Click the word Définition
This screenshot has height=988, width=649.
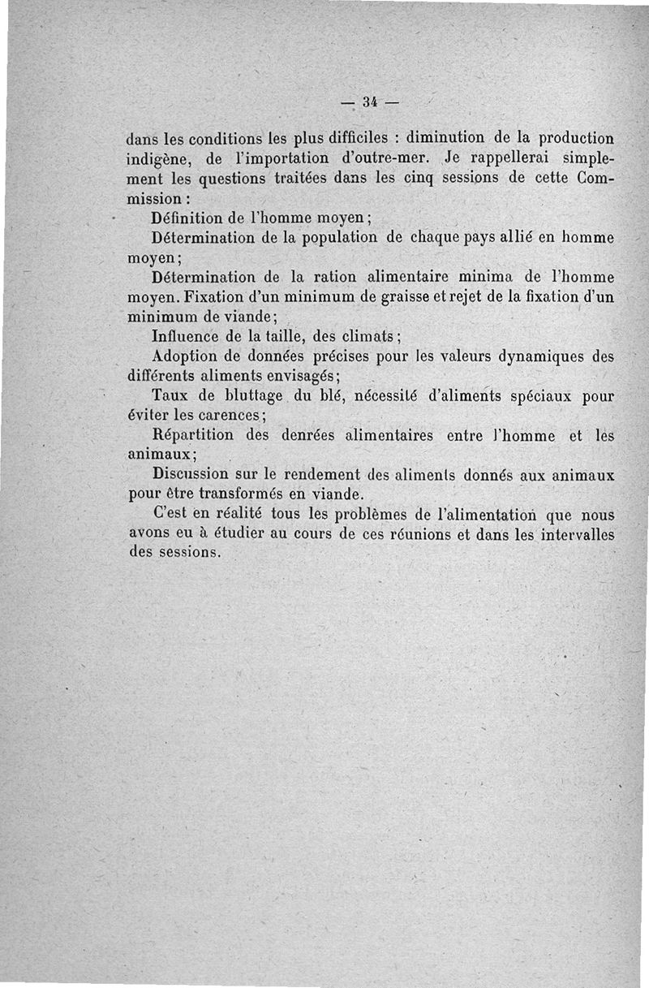click(190, 218)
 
